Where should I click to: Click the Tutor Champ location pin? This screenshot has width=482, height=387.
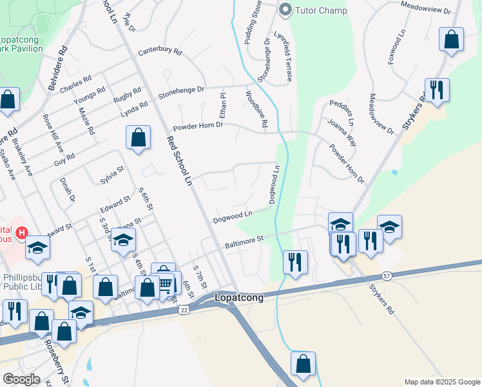[x=285, y=10]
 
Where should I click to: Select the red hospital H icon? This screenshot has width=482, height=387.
[x=22, y=232]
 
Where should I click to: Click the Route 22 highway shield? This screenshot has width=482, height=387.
[x=184, y=310]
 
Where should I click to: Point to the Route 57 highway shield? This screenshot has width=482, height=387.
[x=387, y=275]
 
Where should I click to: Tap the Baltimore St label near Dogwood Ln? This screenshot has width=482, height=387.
[x=244, y=242]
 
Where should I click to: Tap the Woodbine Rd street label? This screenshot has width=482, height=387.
[x=256, y=109]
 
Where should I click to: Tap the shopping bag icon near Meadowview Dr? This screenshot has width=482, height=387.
[x=452, y=39]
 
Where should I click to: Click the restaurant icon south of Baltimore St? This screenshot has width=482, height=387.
[x=295, y=262]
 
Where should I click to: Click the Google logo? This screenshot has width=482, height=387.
[x=22, y=379]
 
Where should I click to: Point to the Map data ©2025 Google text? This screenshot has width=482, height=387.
[x=441, y=382]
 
